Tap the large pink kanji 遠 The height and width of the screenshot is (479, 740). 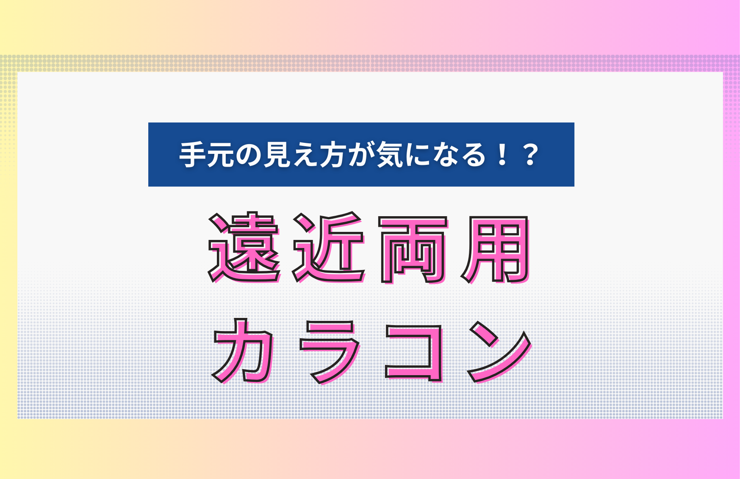[244, 247]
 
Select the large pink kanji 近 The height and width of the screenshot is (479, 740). [328, 247]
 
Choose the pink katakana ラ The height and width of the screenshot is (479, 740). [330, 352]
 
